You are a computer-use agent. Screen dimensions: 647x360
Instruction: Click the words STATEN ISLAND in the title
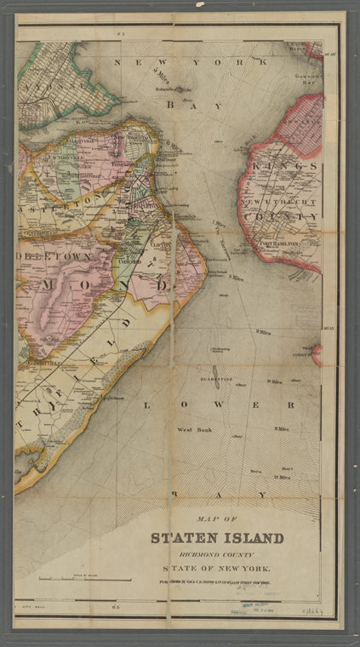coord(217,537)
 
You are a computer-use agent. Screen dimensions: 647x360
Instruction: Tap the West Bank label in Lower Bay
coord(193,430)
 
